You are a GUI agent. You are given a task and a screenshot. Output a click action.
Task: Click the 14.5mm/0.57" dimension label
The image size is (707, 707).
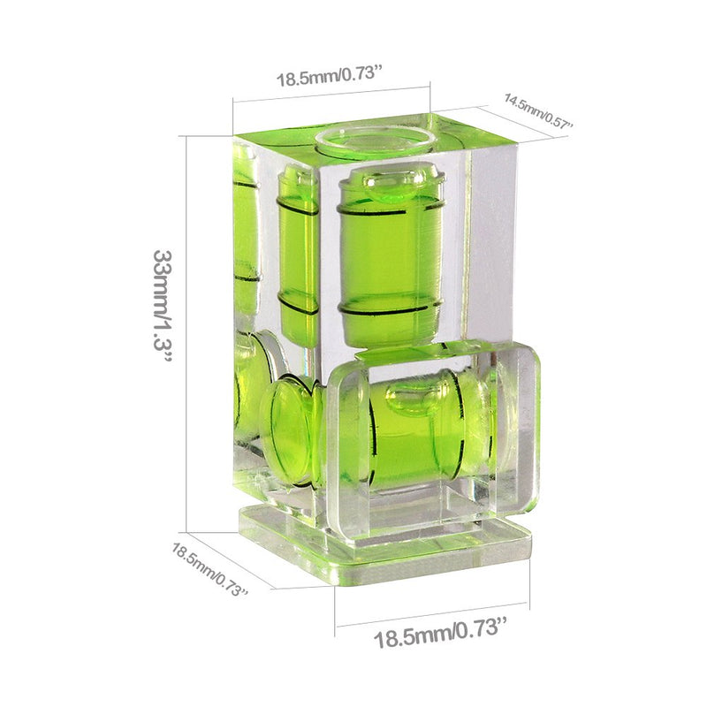[538, 111]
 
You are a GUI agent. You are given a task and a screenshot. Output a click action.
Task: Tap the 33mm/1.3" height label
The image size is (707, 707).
[163, 307]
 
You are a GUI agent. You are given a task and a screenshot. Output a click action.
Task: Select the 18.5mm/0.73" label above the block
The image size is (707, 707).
[329, 75]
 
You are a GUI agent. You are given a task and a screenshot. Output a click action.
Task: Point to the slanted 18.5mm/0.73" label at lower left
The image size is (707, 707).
[209, 569]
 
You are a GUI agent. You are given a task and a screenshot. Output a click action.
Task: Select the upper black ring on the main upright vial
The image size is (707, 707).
[390, 211]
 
